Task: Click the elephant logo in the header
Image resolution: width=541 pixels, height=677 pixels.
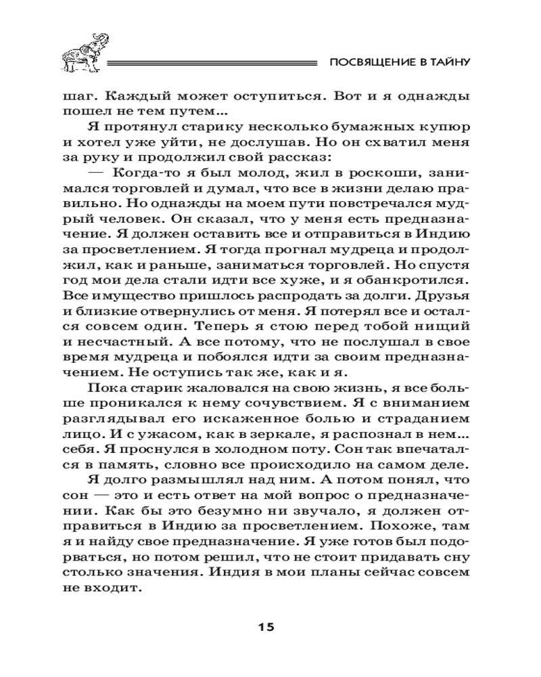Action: (x=82, y=57)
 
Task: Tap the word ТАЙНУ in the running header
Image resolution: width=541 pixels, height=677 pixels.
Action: (x=450, y=63)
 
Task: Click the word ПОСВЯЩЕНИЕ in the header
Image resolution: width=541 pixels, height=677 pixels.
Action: (x=366, y=63)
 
